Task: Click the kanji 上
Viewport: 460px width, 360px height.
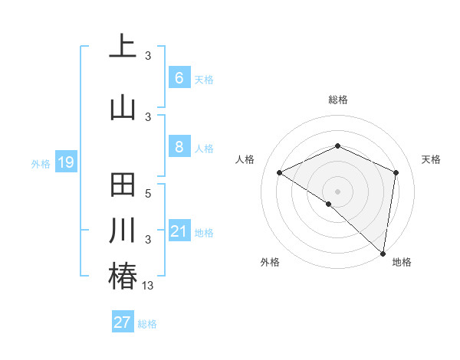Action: [x=123, y=46]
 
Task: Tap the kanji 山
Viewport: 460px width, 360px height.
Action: [x=123, y=106]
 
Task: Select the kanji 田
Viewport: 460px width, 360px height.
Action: [x=123, y=188]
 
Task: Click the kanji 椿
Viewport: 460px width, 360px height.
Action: [x=123, y=276]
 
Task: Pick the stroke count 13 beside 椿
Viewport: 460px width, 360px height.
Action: [x=148, y=286]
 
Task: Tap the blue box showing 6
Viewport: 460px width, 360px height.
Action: [x=179, y=78]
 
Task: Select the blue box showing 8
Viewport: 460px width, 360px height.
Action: [x=179, y=147]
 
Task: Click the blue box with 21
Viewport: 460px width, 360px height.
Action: [x=179, y=231]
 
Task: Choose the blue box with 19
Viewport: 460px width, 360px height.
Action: [x=65, y=162]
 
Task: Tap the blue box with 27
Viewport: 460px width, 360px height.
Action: [x=122, y=322]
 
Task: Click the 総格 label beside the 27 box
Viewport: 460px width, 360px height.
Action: [x=147, y=324]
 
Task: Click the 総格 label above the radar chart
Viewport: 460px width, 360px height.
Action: [x=337, y=100]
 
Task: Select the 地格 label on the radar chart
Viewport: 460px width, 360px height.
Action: [x=402, y=262]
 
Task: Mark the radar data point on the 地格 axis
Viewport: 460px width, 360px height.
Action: [x=383, y=253]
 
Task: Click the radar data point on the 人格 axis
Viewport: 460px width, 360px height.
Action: [x=280, y=173]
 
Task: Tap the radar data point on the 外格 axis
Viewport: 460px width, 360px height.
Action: [x=329, y=204]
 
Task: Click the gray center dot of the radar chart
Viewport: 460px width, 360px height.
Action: [x=337, y=190]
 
